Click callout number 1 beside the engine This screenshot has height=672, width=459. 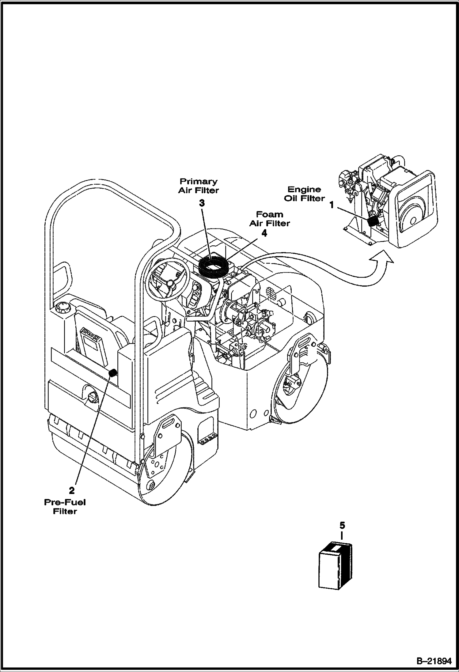tap(331, 205)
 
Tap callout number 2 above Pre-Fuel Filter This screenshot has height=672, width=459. tap(71, 491)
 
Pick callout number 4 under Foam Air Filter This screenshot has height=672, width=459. tap(264, 233)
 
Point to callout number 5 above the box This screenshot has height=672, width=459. tap(342, 526)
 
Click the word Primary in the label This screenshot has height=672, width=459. tap(199, 181)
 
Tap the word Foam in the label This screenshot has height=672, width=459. tap(269, 214)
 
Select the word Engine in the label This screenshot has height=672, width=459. tap(304, 190)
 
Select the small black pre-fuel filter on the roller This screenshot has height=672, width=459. tap(113, 373)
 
